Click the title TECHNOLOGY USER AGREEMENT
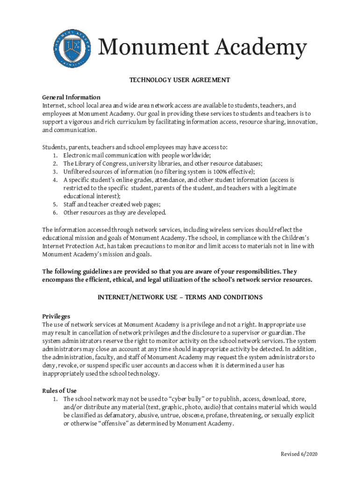(x=180, y=80)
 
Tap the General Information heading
(x=71, y=97)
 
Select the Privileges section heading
(x=56, y=316)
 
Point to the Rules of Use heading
(x=59, y=391)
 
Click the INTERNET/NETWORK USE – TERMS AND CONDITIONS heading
(x=180, y=298)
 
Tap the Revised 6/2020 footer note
(x=299, y=454)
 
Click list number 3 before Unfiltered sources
(x=55, y=172)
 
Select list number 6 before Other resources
(x=55, y=213)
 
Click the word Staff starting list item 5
(x=70, y=204)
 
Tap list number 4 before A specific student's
(x=55, y=180)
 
